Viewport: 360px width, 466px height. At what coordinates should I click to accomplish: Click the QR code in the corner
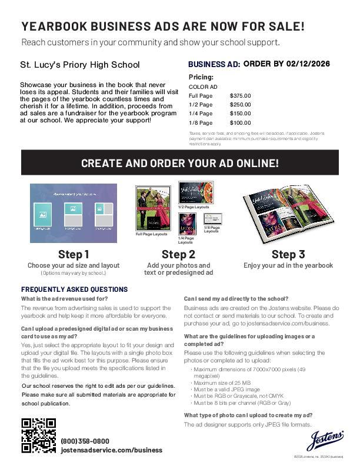point(39,435)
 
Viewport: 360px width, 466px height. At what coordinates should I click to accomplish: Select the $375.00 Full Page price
point(240,95)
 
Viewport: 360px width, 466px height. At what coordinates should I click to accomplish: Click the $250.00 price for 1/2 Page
point(240,104)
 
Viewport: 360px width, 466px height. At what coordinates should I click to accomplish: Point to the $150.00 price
point(240,114)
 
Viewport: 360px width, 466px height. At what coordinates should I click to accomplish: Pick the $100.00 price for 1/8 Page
point(240,123)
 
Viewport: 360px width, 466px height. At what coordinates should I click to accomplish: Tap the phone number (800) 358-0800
point(85,441)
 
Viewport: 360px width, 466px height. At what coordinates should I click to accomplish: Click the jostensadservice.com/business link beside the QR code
point(111,450)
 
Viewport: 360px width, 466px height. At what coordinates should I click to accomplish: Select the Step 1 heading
point(74,254)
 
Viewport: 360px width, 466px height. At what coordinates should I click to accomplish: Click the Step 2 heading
point(178,254)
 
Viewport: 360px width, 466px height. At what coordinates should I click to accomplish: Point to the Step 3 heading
point(288,254)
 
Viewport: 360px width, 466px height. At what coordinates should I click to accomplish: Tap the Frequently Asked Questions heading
point(74,289)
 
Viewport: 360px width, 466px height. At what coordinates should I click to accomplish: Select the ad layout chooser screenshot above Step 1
point(74,213)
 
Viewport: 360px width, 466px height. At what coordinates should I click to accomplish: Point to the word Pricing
point(201,77)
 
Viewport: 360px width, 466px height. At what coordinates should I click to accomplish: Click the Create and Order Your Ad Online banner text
point(180,164)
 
